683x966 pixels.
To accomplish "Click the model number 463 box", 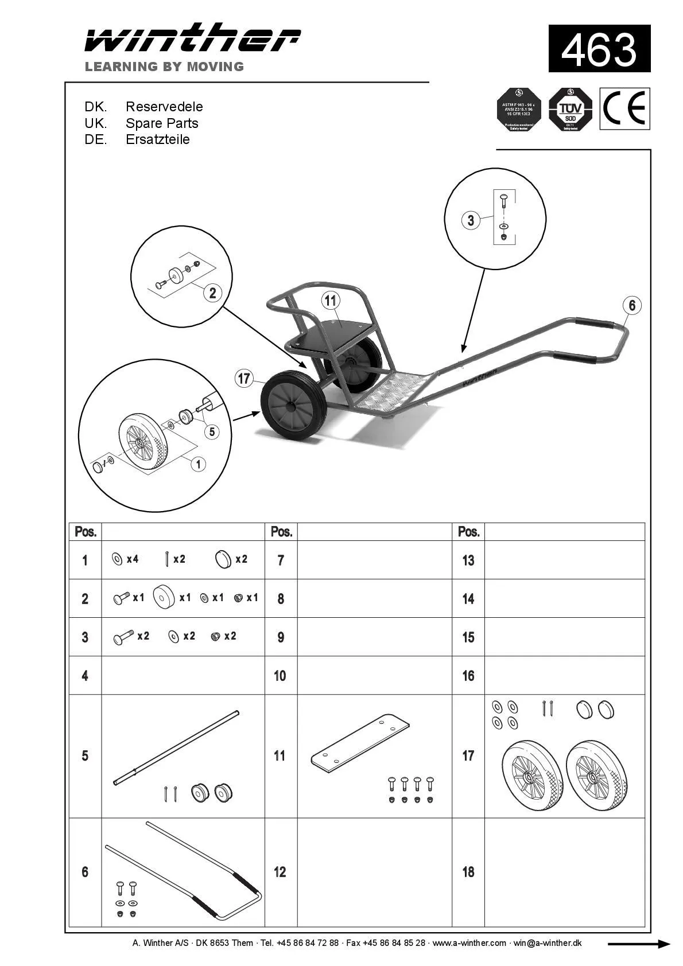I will [x=599, y=49].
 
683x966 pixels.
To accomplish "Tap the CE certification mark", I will [x=624, y=108].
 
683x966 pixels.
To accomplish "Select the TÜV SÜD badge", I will [x=570, y=109].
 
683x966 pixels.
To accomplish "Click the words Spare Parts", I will [x=162, y=123].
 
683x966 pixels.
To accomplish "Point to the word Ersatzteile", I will [x=158, y=139].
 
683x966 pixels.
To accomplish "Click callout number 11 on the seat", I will [x=330, y=300].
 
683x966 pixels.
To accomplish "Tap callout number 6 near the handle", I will [x=631, y=305].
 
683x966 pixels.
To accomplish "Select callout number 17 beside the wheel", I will [x=244, y=379].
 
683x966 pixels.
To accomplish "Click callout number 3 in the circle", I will [x=471, y=220].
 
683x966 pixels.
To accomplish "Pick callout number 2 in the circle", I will [x=212, y=293].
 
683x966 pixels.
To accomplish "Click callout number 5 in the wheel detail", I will [x=212, y=431].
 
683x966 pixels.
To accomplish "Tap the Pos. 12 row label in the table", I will [x=280, y=872].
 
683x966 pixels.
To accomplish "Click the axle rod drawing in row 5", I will [x=175, y=749].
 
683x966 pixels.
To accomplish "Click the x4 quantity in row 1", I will [x=133, y=559].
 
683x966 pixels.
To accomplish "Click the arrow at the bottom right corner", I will [x=638, y=944].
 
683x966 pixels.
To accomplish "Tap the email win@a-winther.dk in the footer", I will [x=547, y=943].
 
